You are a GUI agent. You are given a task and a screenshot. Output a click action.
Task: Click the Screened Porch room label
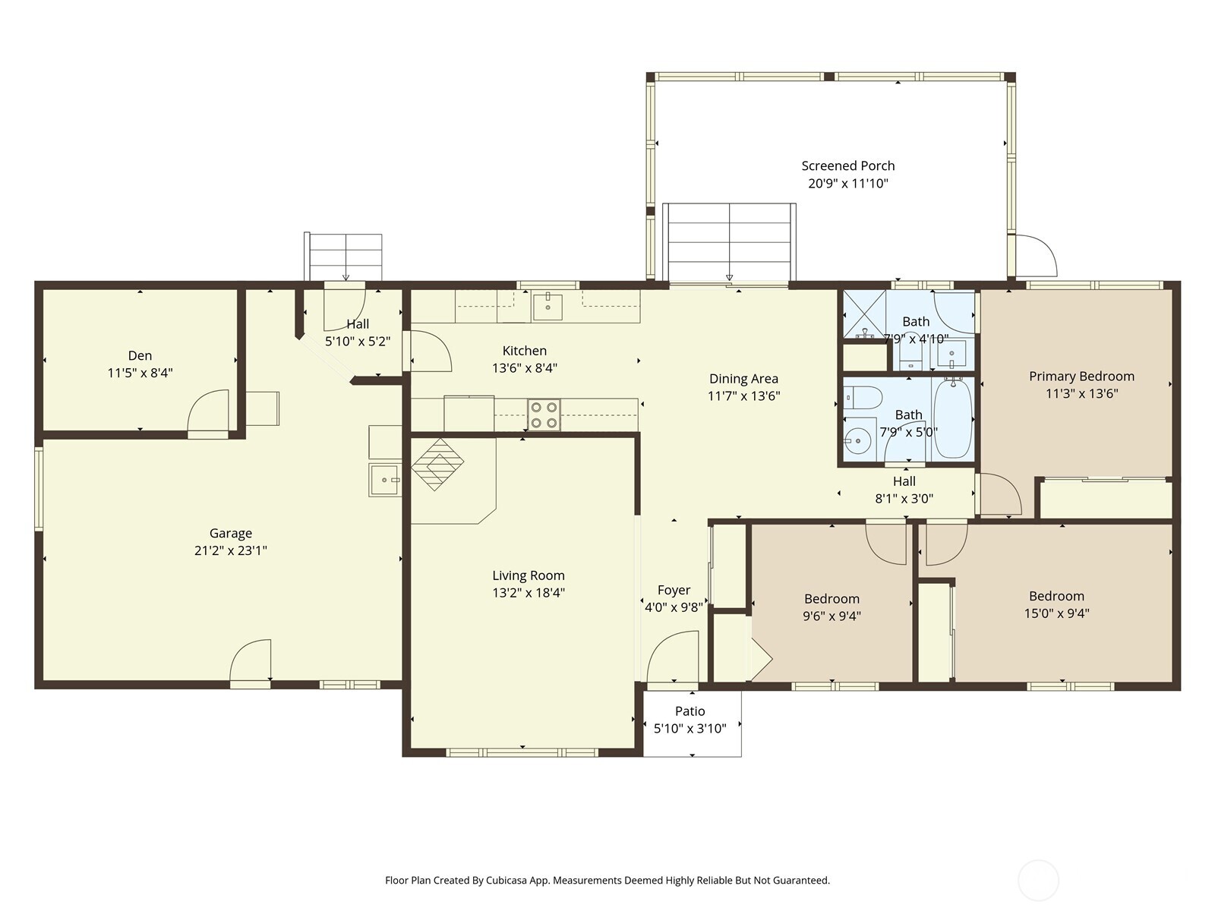coord(847,165)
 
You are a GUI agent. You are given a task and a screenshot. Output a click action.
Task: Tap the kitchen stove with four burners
coord(544,415)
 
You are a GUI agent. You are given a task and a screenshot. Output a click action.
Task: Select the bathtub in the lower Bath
coord(952,419)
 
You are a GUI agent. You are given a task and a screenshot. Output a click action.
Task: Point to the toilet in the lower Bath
coord(863,396)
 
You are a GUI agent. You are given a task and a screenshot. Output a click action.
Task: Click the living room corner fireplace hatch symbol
coord(437,462)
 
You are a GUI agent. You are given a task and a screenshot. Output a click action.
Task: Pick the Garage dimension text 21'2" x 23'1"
coord(230,550)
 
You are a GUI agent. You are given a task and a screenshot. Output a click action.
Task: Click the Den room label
coord(140,355)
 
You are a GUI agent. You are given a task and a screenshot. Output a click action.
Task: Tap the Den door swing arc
coord(207,410)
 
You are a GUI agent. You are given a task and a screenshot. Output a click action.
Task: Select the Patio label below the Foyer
coord(690,711)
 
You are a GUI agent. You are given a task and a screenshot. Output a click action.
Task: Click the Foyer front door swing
coord(671,657)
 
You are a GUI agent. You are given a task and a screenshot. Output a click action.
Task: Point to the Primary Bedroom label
coord(1081,376)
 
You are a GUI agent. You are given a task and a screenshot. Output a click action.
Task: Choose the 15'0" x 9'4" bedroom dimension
coord(1056,613)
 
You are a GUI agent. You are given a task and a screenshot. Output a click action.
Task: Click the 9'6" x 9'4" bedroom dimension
coord(832,616)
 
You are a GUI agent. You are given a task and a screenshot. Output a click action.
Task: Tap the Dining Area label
coord(743,378)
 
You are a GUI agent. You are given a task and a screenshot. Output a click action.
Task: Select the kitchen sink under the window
coord(548,307)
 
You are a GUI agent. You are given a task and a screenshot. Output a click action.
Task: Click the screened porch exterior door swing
coord(1035,256)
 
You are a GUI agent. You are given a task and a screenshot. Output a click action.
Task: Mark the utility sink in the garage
coord(385,480)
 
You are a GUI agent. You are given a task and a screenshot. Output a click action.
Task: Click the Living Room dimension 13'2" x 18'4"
coord(528,593)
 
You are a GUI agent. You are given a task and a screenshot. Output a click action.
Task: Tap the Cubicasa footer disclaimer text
coord(607,881)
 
